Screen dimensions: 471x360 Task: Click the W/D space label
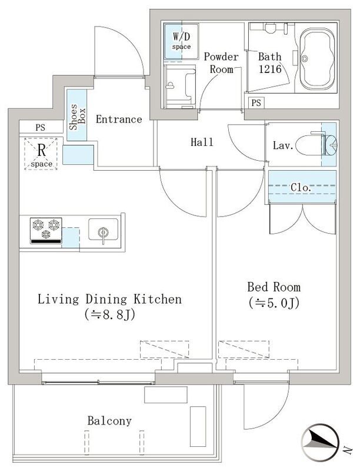(x=181, y=40)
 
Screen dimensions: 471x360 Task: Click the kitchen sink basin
(x=103, y=231)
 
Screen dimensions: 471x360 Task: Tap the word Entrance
(x=119, y=120)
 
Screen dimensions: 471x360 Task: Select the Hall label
(x=202, y=142)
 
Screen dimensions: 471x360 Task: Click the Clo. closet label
(x=302, y=187)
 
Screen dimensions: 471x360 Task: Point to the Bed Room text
(x=274, y=287)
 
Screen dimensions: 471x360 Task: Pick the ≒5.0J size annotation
(x=274, y=304)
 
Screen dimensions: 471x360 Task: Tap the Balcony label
(x=109, y=421)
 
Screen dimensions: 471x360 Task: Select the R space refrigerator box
(x=41, y=153)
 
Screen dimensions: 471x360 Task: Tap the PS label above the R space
(x=40, y=127)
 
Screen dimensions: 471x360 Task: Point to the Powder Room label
(x=221, y=62)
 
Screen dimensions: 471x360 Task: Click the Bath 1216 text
(x=270, y=62)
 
